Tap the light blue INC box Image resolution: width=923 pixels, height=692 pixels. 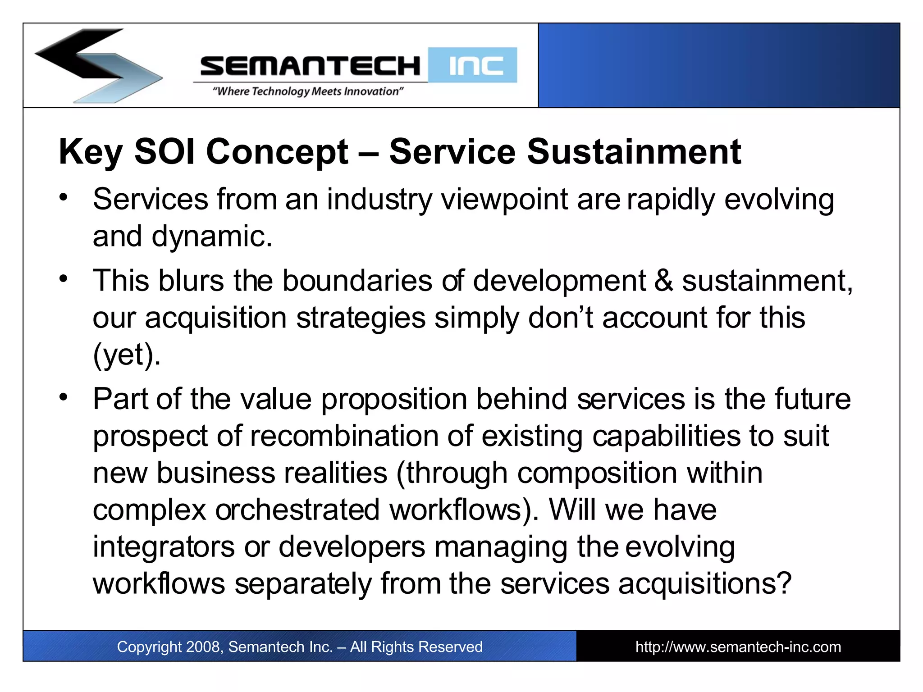[472, 65]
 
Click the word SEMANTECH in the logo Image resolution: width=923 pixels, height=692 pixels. [310, 66]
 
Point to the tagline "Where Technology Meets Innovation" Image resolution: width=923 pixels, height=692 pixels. [308, 91]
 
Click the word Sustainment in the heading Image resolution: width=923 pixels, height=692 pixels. [634, 152]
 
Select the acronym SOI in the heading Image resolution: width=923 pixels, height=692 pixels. [164, 152]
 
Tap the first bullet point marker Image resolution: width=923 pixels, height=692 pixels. [64, 197]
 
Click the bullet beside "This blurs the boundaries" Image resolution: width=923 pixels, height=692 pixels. [64, 278]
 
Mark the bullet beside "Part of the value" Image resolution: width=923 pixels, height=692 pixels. [64, 397]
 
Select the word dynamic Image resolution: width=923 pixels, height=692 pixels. [211, 237]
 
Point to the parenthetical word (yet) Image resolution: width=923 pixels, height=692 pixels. [126, 355]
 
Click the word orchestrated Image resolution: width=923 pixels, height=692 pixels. [297, 510]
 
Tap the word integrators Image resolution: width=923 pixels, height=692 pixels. [164, 547]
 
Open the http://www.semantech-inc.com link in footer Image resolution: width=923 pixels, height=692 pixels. [738, 647]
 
